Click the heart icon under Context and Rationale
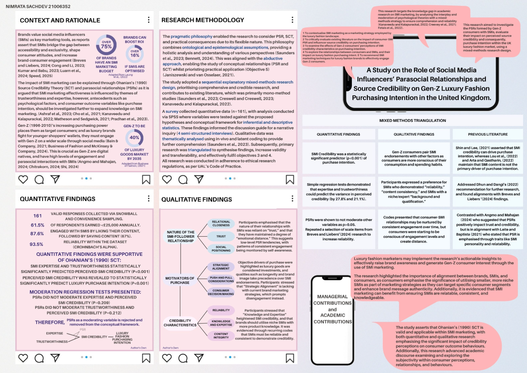coord(23,179)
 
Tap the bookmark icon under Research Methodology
coord(290,179)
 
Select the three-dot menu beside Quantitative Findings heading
coord(149,199)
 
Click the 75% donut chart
coord(106,45)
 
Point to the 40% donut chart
coord(134,137)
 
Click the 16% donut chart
coord(135,54)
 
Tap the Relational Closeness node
coord(221,223)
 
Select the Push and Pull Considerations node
coord(221,279)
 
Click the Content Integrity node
coord(221,336)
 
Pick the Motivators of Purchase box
coord(180,280)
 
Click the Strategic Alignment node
coord(221,267)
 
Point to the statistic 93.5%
coord(36,244)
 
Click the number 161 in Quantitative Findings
coord(38,216)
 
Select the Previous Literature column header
coord(488,134)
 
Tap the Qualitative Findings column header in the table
coord(414,134)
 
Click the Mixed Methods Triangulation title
coord(412,121)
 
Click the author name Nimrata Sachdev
coord(38,7)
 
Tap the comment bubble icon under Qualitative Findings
coord(183,358)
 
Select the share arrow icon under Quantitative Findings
coord(55,358)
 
